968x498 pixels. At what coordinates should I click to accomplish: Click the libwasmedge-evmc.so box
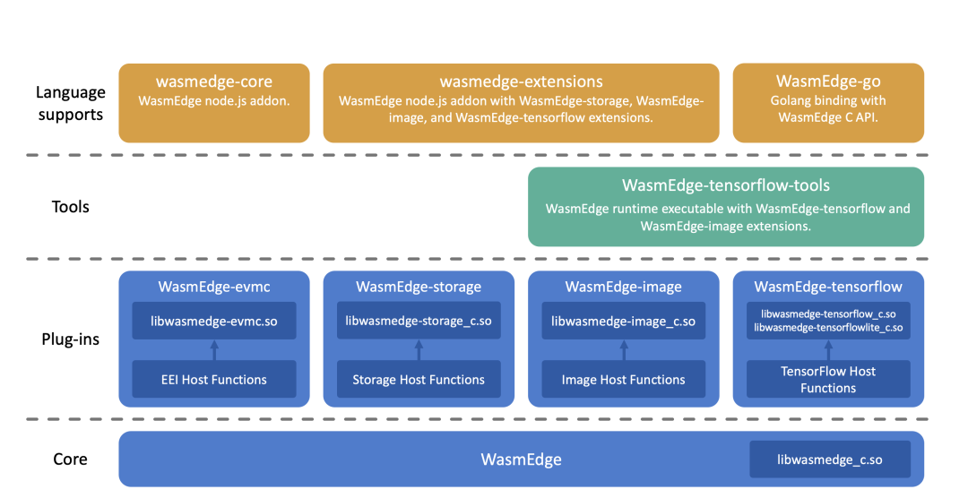[214, 321]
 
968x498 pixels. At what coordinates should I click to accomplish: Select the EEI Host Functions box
[214, 379]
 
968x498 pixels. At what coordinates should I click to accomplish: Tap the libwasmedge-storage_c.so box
[419, 321]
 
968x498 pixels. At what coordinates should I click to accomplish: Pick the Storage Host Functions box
[419, 379]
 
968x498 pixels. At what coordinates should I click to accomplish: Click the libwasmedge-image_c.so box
[624, 321]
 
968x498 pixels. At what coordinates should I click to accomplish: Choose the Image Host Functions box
[624, 379]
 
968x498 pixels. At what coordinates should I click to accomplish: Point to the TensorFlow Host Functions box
[828, 379]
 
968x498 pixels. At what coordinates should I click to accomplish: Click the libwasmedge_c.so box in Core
[830, 459]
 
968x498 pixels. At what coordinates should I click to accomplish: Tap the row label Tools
[71, 207]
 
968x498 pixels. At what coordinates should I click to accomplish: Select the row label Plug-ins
[71, 339]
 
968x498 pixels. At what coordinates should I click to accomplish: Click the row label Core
[71, 459]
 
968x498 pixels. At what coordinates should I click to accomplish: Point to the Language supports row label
[71, 103]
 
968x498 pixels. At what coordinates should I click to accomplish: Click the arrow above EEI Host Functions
[214, 350]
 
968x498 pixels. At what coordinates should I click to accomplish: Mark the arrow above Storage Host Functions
[419, 350]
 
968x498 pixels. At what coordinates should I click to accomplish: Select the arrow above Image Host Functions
[624, 350]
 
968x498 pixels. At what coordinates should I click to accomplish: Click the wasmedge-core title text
[214, 82]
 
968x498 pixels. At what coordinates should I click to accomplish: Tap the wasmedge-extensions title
[521, 82]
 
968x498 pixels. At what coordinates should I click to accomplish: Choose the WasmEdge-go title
[828, 82]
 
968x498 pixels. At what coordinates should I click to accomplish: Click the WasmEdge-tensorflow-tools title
[726, 185]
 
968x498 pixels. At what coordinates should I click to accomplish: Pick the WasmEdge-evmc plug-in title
[214, 287]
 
